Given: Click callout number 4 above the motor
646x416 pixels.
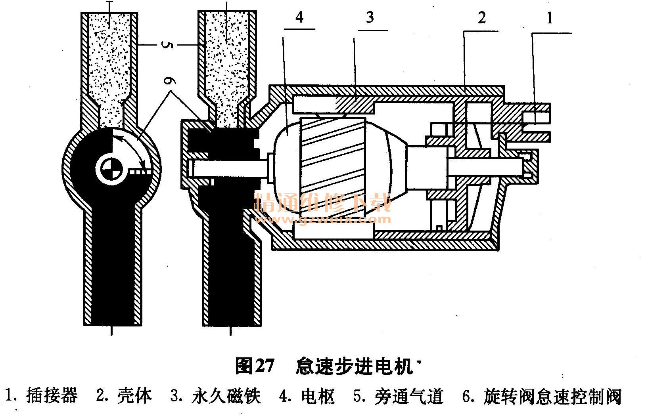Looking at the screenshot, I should (299, 18).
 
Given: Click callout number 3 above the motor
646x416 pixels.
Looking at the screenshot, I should (370, 18).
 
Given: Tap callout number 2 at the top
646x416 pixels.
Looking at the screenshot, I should (481, 18).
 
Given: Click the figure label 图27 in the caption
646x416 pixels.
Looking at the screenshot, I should (254, 366).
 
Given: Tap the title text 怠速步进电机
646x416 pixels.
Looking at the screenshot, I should (354, 366).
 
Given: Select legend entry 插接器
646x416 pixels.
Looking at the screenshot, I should (52, 395).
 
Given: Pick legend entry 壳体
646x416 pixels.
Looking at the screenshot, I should (135, 395).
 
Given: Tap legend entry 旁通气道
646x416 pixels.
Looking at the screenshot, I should (408, 395).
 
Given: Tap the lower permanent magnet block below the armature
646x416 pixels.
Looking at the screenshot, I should (333, 232).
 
